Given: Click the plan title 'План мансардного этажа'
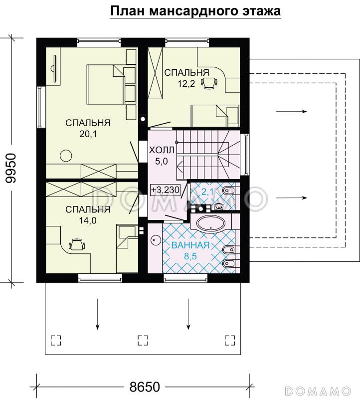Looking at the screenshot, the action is [x=195, y=11].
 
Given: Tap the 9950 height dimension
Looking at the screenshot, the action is [x=11, y=168].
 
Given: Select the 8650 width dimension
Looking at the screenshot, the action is [x=145, y=387].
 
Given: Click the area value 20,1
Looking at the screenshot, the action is [x=88, y=134].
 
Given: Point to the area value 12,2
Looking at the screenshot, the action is [x=186, y=83].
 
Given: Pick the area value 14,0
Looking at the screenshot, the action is [x=88, y=220].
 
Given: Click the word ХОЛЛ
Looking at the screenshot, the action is [x=162, y=150].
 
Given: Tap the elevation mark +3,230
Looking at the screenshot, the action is [x=166, y=190].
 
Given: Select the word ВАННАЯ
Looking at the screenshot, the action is [x=190, y=245].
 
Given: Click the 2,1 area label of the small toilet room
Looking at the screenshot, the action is [x=207, y=192].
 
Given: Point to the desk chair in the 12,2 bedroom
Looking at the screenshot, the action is [x=209, y=83].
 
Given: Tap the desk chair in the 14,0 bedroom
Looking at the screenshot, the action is [x=77, y=245].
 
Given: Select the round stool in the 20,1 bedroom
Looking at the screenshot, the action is [x=66, y=156].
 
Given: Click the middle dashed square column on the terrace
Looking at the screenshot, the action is [x=143, y=340].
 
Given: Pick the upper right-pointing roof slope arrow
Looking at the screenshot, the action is [x=292, y=111].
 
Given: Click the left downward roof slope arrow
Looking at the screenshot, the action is [x=97, y=314].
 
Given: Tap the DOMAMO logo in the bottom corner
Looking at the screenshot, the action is [x=318, y=390].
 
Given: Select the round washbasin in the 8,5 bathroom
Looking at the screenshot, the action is [x=155, y=240].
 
